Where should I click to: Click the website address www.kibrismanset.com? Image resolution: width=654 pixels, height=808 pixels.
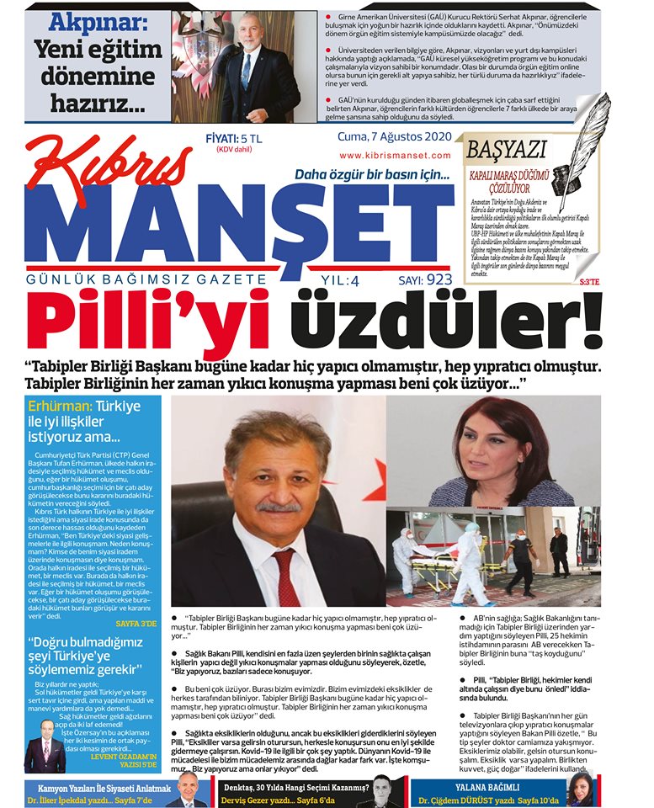(x=395, y=155)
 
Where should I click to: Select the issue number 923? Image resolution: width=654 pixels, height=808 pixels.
(x=439, y=279)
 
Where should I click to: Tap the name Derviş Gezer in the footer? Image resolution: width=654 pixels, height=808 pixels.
(x=245, y=799)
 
